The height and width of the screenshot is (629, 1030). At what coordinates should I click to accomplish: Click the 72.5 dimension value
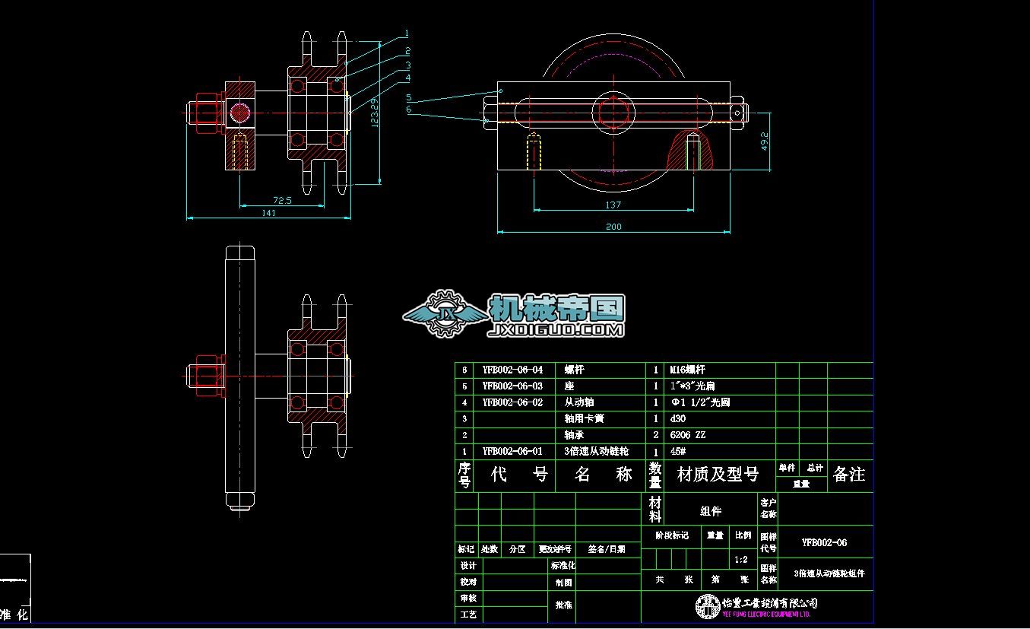tap(282, 200)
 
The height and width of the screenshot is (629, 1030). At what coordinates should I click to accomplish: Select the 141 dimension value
tap(268, 214)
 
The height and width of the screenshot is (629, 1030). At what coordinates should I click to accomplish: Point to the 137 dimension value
tap(613, 205)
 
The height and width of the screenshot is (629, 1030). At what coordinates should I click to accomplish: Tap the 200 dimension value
tap(613, 227)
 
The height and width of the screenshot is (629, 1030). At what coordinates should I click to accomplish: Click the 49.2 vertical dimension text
tap(765, 141)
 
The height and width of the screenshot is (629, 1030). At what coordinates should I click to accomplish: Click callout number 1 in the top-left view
tap(407, 33)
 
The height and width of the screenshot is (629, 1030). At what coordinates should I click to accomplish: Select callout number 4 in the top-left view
tap(408, 78)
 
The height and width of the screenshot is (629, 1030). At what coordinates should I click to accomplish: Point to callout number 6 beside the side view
tap(409, 110)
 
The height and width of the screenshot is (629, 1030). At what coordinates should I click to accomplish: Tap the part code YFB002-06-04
tap(512, 370)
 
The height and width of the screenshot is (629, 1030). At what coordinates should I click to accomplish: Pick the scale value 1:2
tap(741, 560)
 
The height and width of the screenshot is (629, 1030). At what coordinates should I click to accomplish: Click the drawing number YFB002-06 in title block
tap(825, 543)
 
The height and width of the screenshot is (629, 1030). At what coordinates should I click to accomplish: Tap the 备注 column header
tap(849, 475)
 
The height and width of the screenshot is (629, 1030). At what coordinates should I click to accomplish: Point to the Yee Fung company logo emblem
tap(707, 606)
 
